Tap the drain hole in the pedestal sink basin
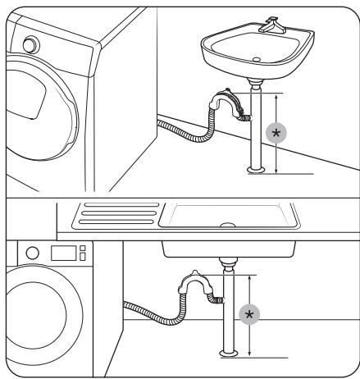click(257, 59)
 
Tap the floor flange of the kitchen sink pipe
click(227, 352)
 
